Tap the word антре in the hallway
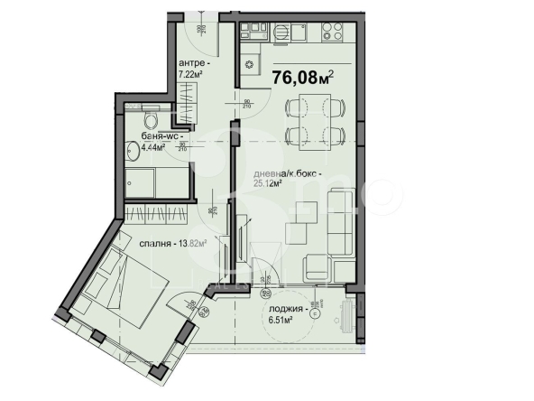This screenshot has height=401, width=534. pos(193,64)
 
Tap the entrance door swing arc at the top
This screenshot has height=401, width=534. pos(192,25)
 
